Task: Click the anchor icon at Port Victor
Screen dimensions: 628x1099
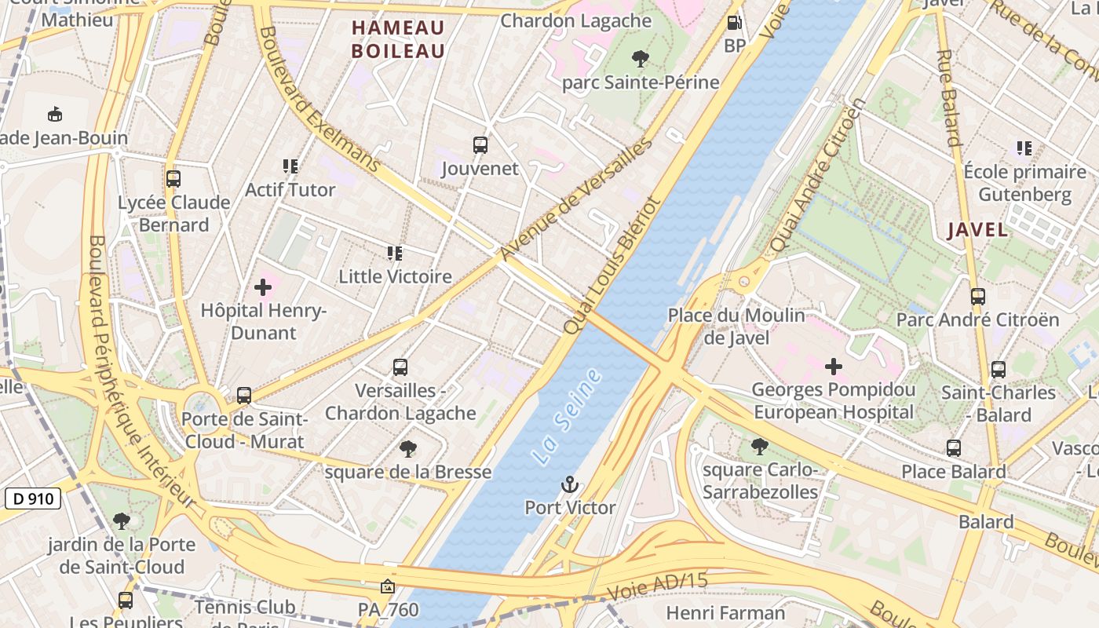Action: [570, 484]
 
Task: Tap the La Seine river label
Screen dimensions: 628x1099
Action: [567, 415]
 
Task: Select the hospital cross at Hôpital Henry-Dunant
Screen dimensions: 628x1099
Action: [263, 287]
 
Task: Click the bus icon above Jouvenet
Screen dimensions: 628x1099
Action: [480, 145]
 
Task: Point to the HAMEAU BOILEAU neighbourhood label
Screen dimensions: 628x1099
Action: [398, 39]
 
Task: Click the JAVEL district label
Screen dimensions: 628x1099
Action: [977, 230]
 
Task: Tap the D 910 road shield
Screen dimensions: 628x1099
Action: [34, 498]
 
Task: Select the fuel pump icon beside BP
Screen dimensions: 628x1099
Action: [734, 24]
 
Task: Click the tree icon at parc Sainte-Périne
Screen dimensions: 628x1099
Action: [641, 58]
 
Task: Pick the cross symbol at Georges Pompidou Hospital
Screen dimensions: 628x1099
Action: [834, 366]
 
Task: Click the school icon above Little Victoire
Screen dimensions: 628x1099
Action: [395, 253]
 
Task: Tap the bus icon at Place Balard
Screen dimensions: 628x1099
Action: [954, 448]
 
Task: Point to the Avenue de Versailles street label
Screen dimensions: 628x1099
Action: [576, 199]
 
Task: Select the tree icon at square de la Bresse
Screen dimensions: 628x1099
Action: [407, 449]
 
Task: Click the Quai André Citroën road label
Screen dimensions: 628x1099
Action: [817, 174]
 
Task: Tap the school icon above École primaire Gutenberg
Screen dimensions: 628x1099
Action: [1024, 148]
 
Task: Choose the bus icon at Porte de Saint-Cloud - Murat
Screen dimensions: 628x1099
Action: [244, 396]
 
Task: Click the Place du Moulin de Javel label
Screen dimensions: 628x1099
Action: [736, 326]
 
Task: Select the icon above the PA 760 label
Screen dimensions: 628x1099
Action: [387, 586]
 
